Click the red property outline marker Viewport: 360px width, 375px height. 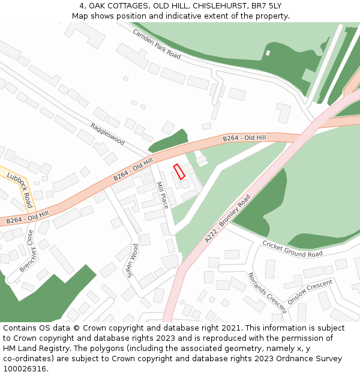179,172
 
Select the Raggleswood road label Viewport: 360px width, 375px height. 107,134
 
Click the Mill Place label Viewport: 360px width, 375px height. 161,195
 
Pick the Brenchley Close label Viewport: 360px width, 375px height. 26,250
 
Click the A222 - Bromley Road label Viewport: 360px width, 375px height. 227,218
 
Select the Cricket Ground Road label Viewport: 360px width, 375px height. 292,249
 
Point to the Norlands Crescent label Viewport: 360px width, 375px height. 267,292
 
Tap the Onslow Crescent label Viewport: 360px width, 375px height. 310,292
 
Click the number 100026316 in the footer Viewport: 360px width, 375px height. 25,369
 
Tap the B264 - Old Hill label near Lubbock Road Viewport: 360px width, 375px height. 27,217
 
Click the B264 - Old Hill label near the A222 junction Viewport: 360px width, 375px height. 244,138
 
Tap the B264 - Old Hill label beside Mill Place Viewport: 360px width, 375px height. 133,170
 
